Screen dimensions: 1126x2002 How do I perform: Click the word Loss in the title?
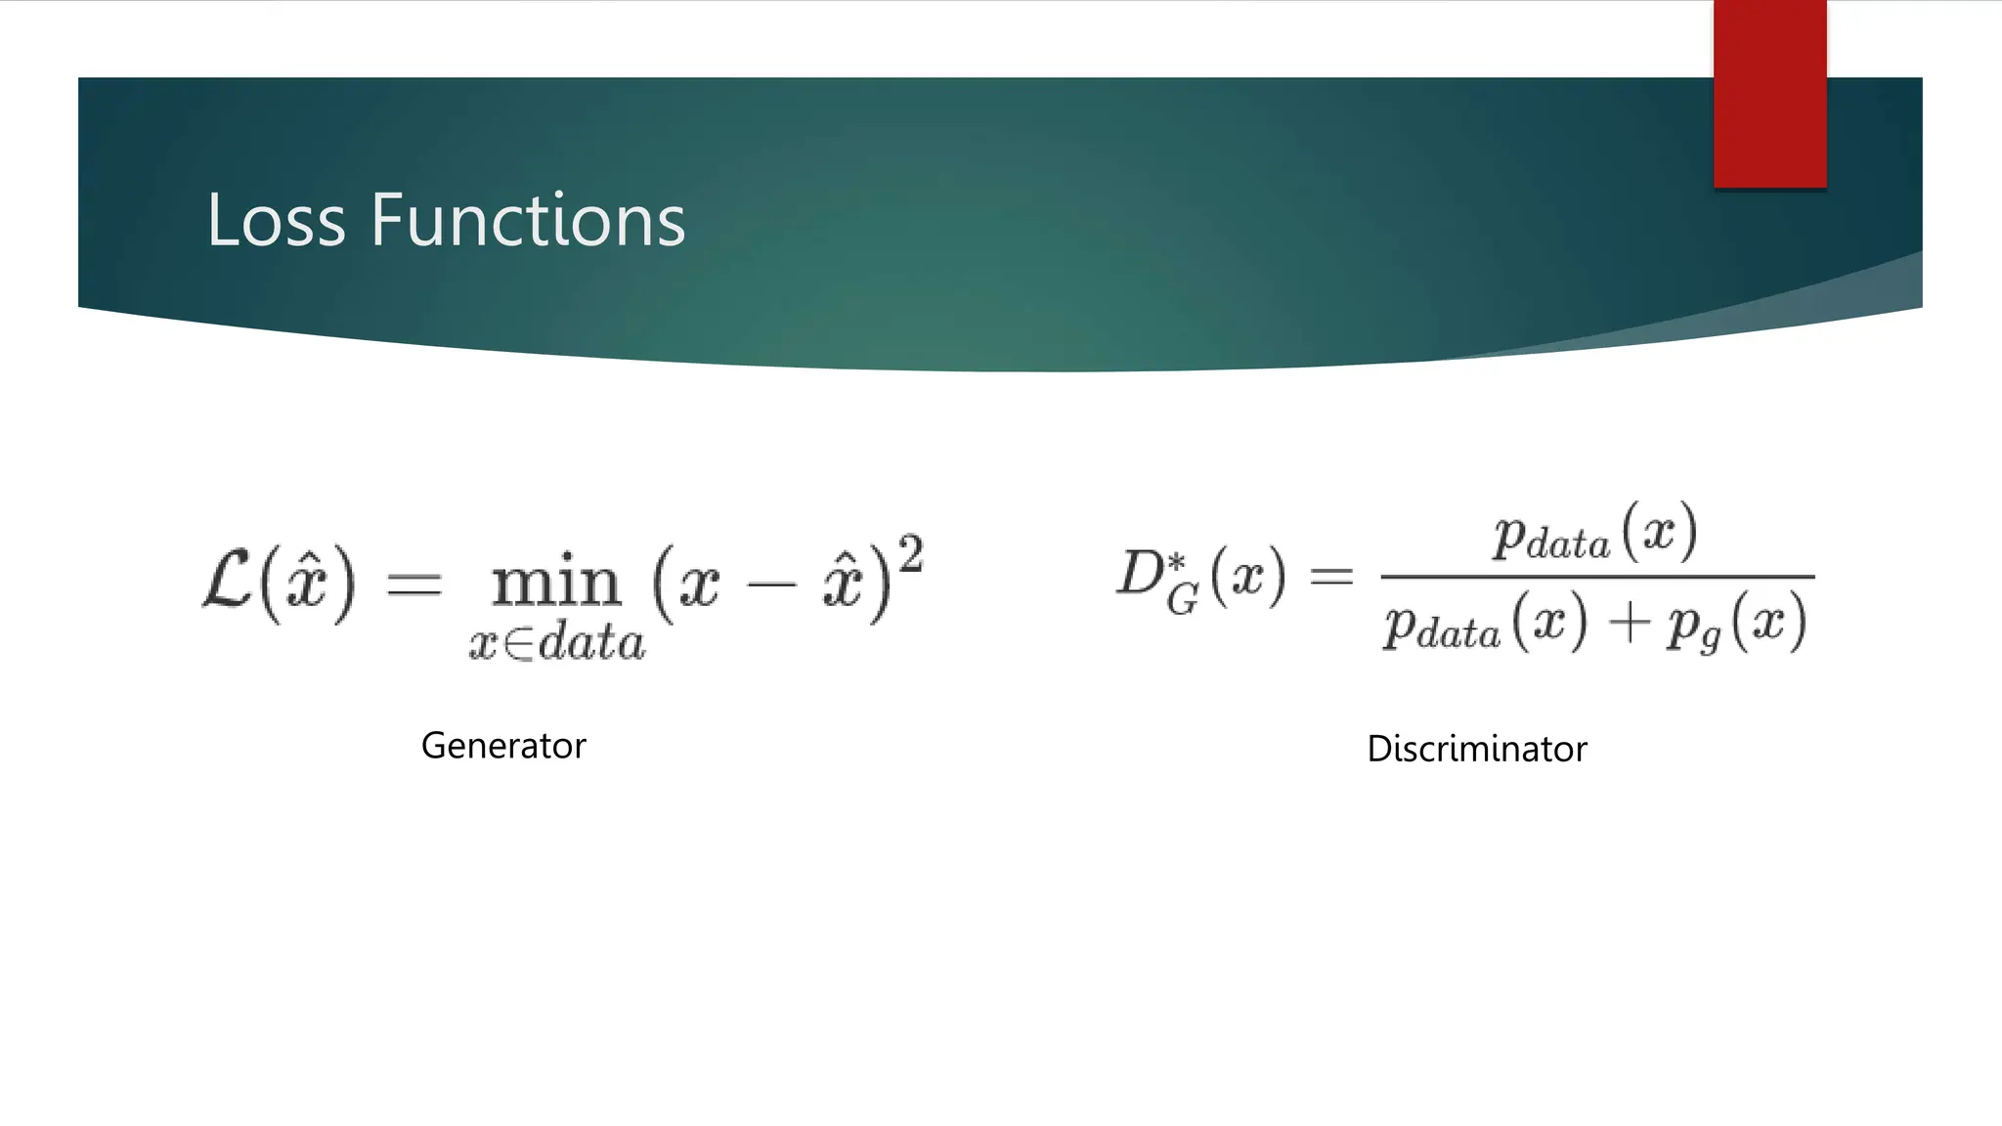[x=276, y=220]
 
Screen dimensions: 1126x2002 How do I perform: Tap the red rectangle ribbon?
[x=1769, y=94]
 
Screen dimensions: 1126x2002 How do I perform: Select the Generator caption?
[x=503, y=746]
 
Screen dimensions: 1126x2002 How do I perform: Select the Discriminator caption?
[x=1476, y=749]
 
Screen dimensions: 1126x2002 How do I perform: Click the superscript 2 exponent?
[x=910, y=555]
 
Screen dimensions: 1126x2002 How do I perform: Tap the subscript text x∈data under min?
[x=557, y=642]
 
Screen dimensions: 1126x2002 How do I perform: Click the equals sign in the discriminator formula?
[x=1331, y=576]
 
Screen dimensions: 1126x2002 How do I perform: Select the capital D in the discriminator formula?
[x=1141, y=574]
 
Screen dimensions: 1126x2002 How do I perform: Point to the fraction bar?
[x=1597, y=577]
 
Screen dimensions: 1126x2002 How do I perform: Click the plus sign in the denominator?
[x=1629, y=623]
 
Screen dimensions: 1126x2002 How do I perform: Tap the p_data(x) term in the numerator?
[x=1594, y=534]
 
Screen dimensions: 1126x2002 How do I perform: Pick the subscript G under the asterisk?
[x=1182, y=598]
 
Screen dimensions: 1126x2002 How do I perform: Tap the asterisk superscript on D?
[x=1177, y=561]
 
